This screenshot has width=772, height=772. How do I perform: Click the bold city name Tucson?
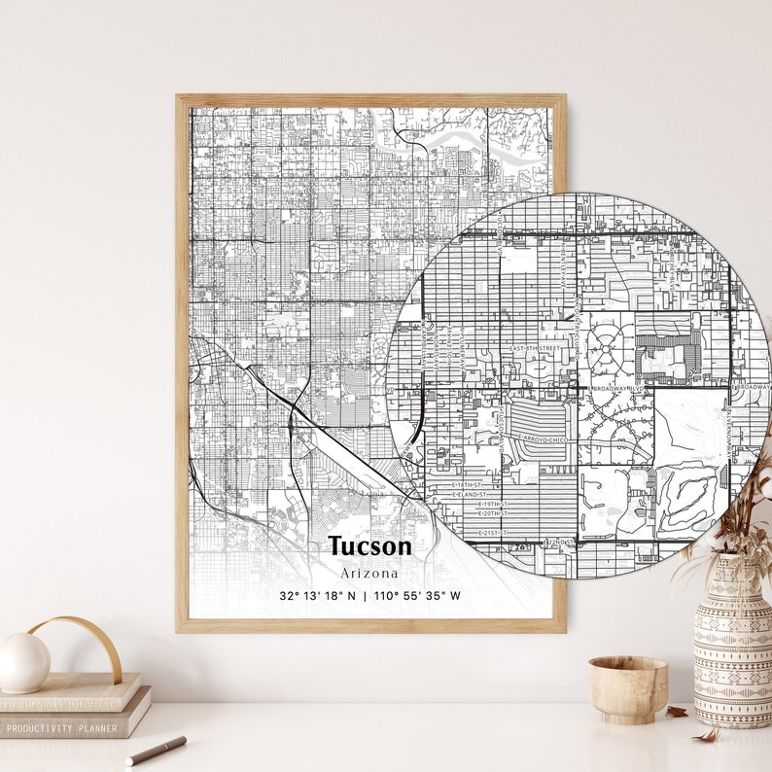[369, 546]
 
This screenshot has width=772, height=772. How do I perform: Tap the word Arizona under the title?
[369, 573]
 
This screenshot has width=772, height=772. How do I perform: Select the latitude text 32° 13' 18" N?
[318, 596]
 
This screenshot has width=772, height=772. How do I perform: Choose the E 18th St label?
[467, 483]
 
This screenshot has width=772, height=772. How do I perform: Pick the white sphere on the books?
[23, 663]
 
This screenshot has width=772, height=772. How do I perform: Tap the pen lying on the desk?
[156, 750]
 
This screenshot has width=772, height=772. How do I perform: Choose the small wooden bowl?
[627, 688]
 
